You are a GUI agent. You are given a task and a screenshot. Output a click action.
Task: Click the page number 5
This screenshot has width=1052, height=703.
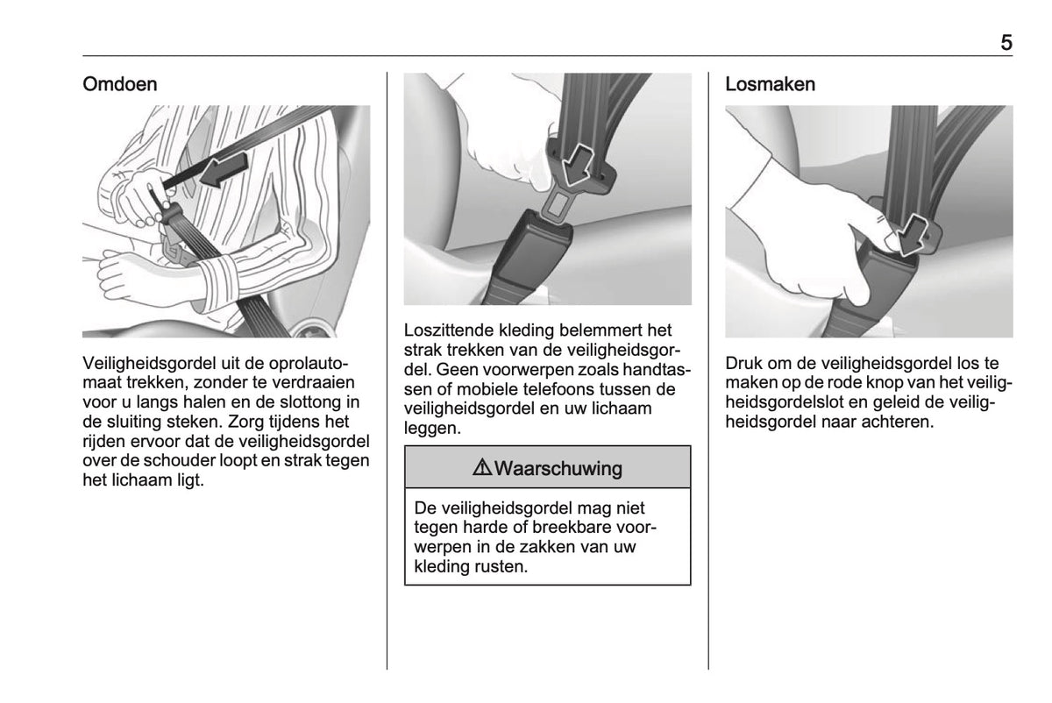(1006, 43)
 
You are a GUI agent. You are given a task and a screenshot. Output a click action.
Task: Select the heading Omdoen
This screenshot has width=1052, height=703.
(120, 84)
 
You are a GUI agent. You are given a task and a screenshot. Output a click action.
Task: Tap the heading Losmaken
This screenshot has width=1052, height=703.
(771, 84)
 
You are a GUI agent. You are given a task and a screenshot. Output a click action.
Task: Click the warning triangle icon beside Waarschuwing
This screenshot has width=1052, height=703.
(482, 468)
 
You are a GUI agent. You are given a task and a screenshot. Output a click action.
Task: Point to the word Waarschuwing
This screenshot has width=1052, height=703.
(558, 468)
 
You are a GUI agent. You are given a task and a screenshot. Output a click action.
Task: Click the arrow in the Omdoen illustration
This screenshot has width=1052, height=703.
(224, 170)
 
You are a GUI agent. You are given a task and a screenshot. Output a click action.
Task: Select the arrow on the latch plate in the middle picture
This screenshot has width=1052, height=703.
(577, 166)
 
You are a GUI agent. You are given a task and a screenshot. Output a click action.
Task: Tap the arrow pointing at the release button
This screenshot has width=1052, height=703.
(911, 235)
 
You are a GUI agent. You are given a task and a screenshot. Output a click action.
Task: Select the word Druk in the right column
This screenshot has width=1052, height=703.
(743, 363)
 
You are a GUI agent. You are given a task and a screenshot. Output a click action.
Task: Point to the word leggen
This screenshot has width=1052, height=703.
(432, 429)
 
